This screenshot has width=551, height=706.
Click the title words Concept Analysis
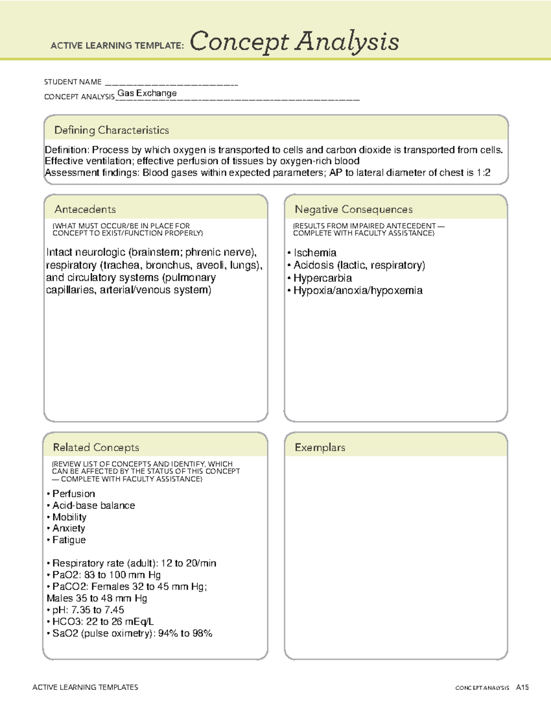point(294,42)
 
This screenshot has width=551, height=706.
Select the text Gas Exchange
point(147,93)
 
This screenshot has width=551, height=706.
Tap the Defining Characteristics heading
point(112,131)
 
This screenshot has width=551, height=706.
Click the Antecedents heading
point(85,210)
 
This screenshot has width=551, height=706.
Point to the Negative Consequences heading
point(354,210)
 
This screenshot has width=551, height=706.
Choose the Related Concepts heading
point(96,448)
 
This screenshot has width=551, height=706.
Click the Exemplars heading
point(320,448)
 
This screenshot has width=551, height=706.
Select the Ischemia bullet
point(315,253)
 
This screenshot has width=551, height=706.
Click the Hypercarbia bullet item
point(322,278)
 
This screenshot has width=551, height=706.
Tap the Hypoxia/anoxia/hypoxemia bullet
point(358,290)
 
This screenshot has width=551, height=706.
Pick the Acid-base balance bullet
point(93,506)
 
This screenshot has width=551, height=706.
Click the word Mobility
point(69,517)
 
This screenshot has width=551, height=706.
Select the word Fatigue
point(69,540)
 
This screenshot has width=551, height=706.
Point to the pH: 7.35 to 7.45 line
point(88,610)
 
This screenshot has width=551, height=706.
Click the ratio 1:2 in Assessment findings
point(483,173)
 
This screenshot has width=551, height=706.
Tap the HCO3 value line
point(103,622)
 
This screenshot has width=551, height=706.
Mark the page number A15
point(522,688)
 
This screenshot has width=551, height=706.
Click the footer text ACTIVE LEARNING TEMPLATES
point(85,687)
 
